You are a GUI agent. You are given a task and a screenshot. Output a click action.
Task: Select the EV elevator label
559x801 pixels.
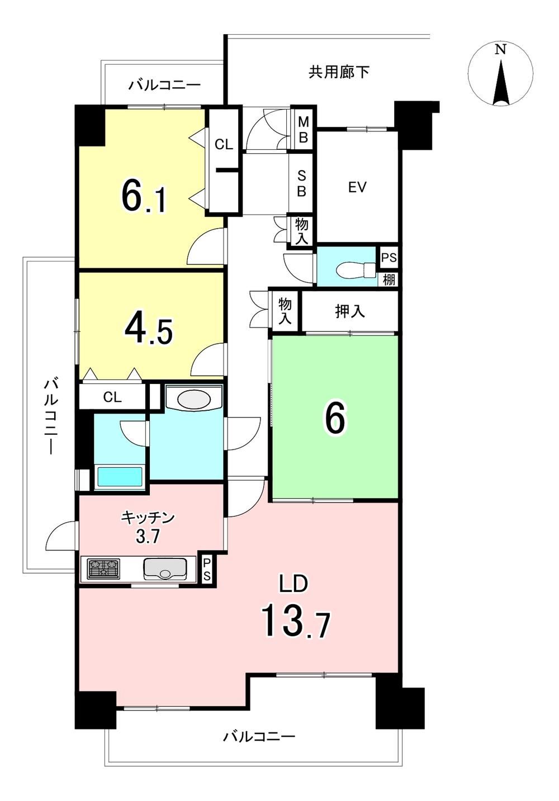coord(357,187)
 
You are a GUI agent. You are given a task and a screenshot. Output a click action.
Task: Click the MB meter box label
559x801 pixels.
coord(304,130)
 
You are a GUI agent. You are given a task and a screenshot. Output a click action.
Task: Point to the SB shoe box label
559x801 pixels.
coord(302,184)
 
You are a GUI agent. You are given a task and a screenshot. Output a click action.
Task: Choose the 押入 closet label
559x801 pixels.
coord(350,311)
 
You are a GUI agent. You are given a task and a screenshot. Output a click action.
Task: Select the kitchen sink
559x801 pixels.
coord(165,568)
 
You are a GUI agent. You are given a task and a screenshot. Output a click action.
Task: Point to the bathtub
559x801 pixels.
coord(120,476)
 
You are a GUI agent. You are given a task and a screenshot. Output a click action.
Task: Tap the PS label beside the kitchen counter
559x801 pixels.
coord(207,570)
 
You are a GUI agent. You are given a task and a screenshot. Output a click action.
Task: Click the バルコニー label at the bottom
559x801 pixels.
coord(259,737)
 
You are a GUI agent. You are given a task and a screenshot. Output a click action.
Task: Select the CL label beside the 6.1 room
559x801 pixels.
coord(224,144)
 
